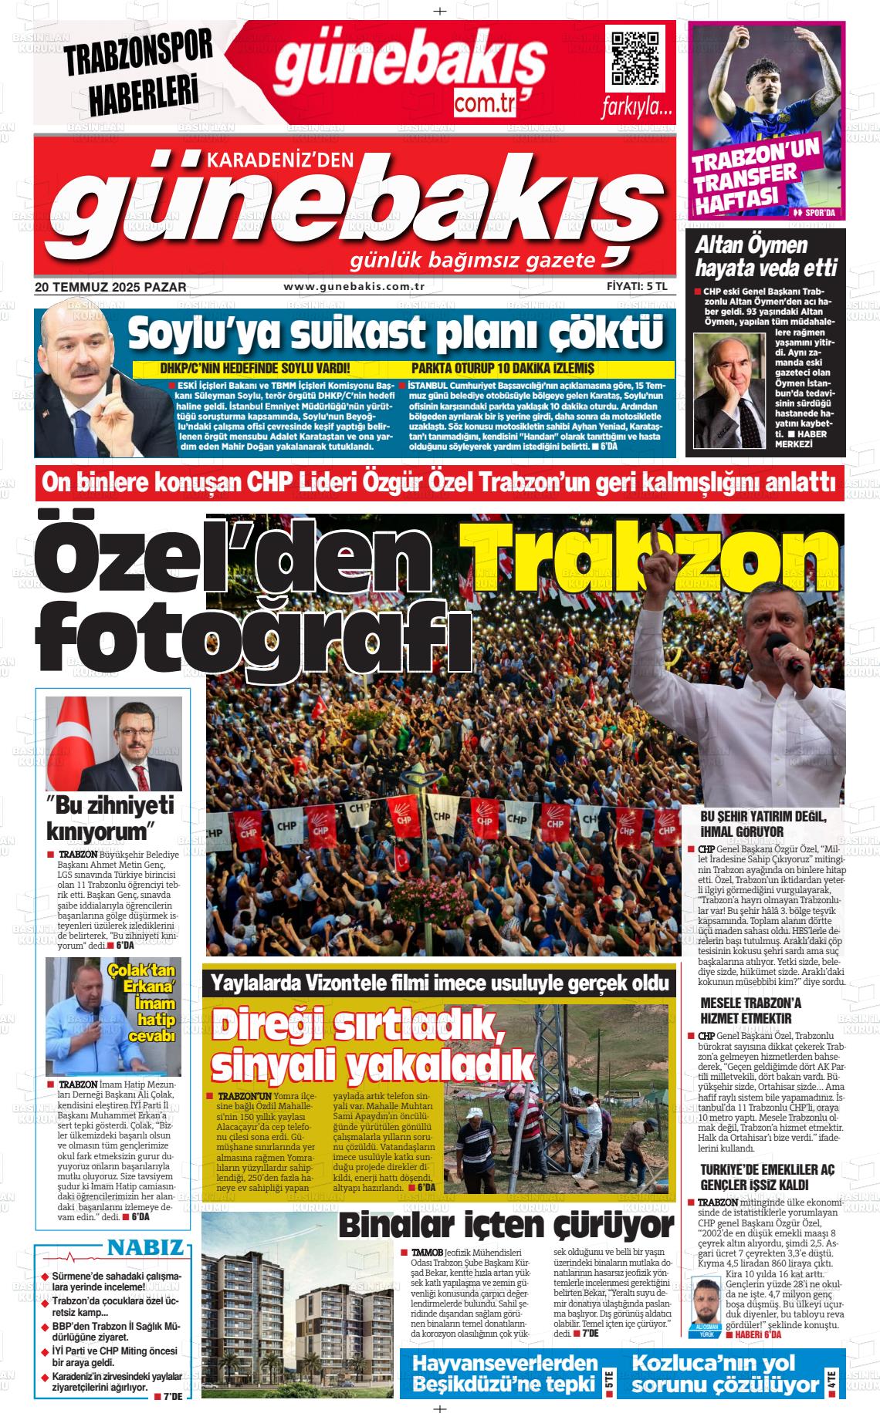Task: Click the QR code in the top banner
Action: coord(635,59)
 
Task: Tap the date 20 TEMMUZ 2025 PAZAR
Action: coord(110,287)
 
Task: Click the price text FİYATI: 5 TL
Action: coord(636,286)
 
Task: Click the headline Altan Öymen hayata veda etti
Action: coord(765,257)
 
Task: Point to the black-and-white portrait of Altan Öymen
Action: coord(729,390)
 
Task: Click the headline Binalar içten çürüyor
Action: coord(506,1225)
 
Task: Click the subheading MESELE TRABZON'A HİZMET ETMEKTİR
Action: coord(750,1010)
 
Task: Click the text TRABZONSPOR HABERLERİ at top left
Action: coord(139,73)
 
